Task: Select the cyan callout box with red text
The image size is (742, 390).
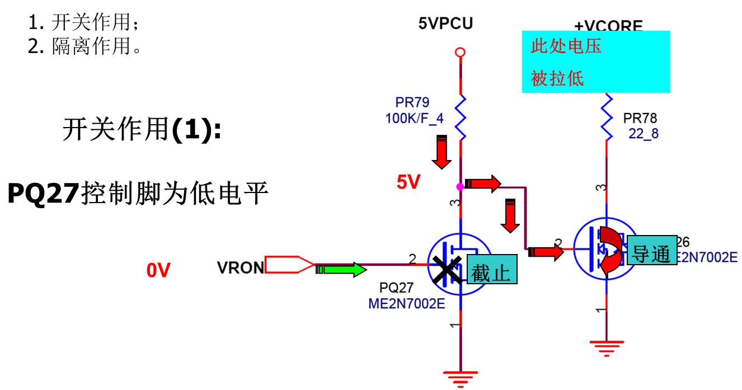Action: [595, 62]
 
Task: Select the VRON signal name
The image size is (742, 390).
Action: [240, 267]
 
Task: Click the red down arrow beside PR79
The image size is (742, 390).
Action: [443, 152]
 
